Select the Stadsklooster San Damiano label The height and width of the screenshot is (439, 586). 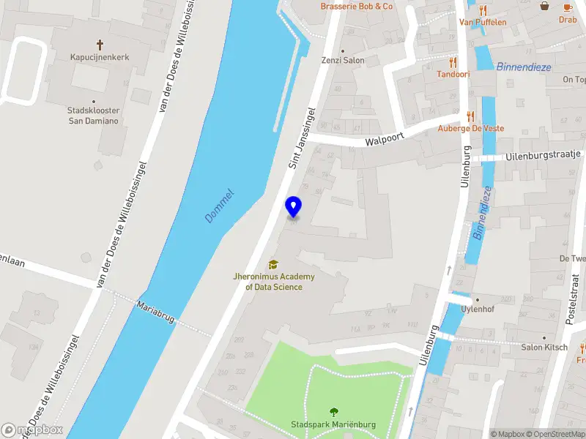pos(93,116)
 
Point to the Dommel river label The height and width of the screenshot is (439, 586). pos(219,206)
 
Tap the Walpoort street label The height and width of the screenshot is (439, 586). pos(385,138)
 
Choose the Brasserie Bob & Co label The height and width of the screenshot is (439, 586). pos(357,7)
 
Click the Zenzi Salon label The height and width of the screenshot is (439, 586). pos(343,61)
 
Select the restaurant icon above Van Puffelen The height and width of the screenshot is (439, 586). pos(483,10)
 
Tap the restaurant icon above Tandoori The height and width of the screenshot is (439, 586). pos(453,62)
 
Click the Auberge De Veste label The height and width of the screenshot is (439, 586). pos(471,128)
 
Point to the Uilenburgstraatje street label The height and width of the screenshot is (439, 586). pos(543,155)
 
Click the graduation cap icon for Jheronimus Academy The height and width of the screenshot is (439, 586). pos(273,264)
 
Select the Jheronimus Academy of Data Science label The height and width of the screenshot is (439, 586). pos(273,282)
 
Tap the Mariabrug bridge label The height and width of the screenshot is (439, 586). pos(155,312)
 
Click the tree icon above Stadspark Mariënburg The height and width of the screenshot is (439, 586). pos(333,412)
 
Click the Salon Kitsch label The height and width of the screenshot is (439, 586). pos(544,347)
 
